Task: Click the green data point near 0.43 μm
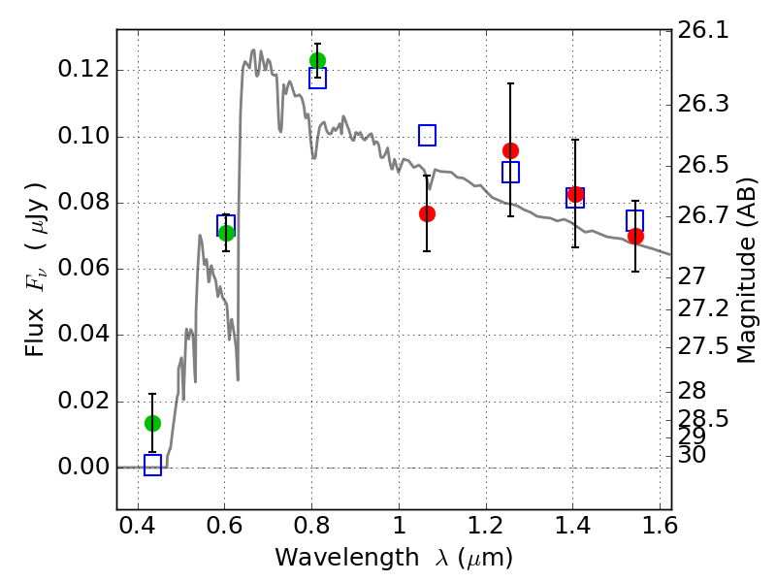point(152,423)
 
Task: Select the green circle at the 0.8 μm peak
point(317,60)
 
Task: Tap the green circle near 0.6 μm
point(226,233)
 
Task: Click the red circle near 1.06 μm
point(427,213)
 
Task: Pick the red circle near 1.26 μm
point(510,150)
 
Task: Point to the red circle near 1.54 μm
point(635,237)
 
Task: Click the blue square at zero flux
point(152,465)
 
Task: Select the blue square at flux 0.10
point(427,135)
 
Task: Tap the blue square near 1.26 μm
point(510,172)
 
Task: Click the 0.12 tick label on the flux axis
point(83,69)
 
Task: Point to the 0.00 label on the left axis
point(83,467)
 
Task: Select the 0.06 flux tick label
point(83,268)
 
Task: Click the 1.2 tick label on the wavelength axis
point(486,526)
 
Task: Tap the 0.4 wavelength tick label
point(138,526)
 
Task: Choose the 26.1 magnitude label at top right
point(703,31)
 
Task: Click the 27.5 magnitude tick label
point(703,346)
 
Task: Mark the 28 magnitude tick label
point(692,391)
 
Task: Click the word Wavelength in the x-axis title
point(347,558)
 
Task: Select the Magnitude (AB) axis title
point(746,271)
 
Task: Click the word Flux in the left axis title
point(35,333)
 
